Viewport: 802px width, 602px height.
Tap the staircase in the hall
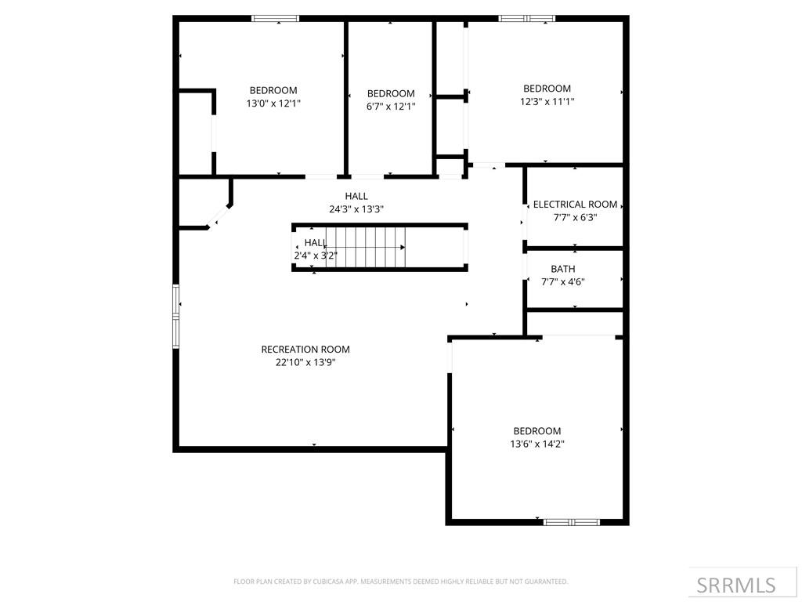366,247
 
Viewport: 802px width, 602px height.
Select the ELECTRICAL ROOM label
575,205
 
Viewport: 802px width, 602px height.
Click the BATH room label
562,269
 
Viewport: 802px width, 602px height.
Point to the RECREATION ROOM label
305,350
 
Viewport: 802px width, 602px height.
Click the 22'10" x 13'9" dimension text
305,362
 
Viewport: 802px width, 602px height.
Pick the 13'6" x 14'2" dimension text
536,444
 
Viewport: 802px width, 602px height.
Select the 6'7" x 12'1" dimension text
390,107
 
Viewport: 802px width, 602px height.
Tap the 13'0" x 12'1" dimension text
273,103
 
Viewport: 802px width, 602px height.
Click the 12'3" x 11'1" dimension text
547,101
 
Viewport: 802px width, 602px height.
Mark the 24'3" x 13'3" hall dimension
356,209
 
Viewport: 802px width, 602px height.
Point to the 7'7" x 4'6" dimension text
562,282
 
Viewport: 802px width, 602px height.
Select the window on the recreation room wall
176,317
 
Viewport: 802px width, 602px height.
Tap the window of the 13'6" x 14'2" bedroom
571,521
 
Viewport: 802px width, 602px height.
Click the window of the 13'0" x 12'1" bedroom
275,18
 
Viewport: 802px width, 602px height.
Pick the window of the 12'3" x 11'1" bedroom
526,18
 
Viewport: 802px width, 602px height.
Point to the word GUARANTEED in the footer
544,582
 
